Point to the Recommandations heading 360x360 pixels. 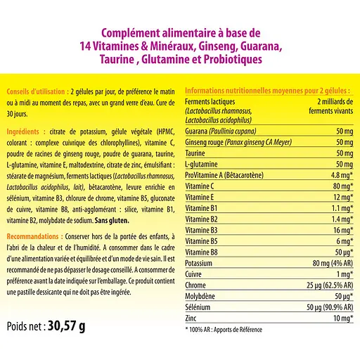coord(33,238)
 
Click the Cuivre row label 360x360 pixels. coord(195,274)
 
